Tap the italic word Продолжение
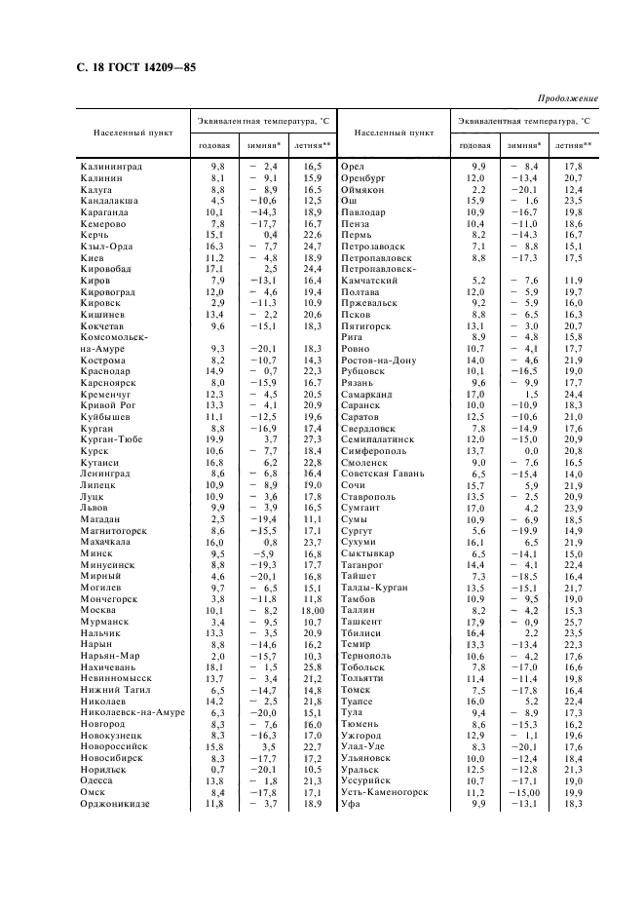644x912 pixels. pos(567,98)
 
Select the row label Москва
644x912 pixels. pos(99,610)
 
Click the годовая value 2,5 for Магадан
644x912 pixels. pos(216,519)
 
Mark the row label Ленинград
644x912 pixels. pos(108,474)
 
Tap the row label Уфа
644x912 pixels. pos(351,804)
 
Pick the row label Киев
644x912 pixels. pos(94,257)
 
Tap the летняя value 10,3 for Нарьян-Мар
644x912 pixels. pos(312,656)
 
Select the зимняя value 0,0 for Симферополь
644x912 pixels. pos(531,450)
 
